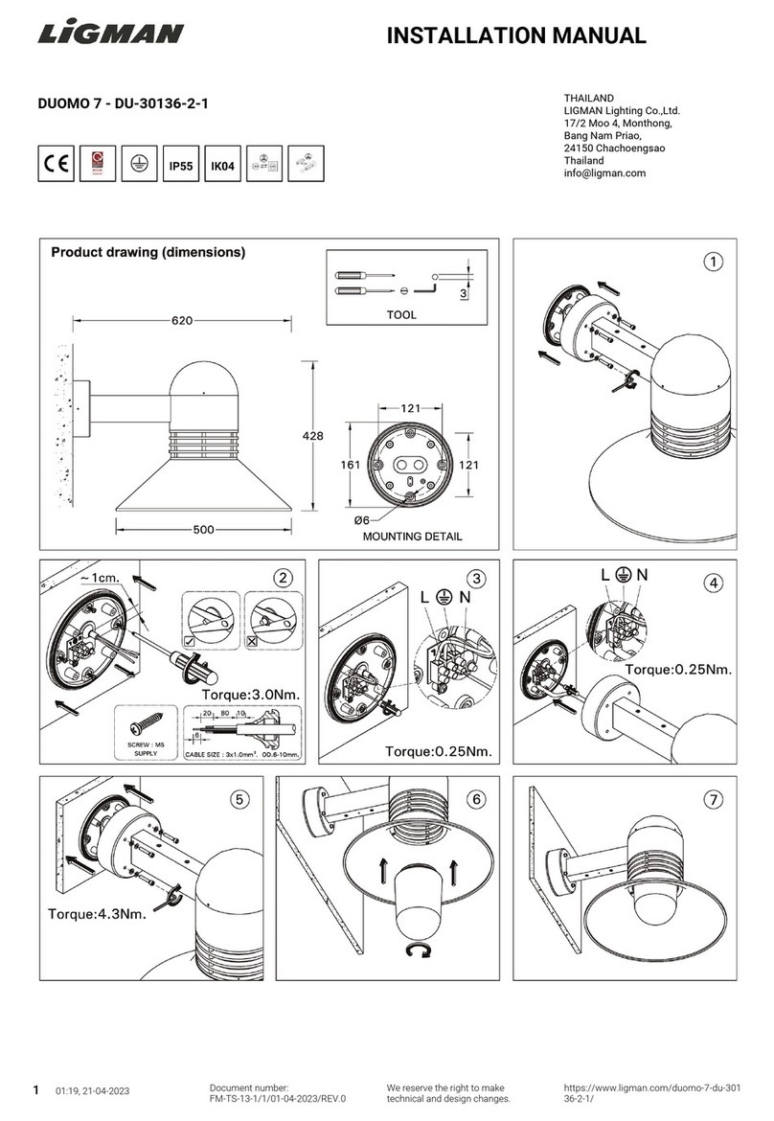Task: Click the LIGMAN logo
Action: point(110,34)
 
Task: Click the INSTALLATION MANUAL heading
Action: point(515,36)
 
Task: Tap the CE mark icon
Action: point(56,164)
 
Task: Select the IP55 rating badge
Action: point(180,165)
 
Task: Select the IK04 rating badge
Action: point(222,165)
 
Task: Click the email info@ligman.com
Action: point(604,173)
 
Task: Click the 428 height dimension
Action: point(312,435)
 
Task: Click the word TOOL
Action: point(401,314)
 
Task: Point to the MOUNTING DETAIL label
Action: point(412,537)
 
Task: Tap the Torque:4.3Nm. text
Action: point(97,913)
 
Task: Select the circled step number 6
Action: point(477,798)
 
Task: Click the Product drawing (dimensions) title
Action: point(148,253)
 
